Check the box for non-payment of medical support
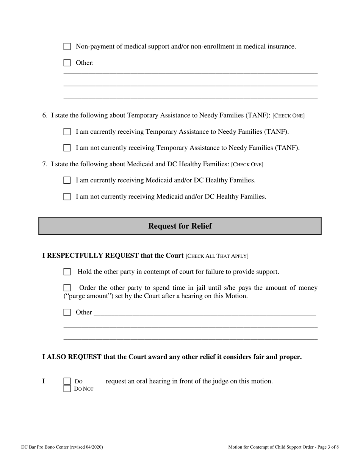pos(67,47)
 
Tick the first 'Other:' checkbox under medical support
pos(67,63)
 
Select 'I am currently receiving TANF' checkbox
pos(67,132)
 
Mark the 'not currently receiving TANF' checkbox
pos(67,148)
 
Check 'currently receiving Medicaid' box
pos(67,180)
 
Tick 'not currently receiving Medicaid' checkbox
pos(67,197)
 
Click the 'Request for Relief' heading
pos(180,226)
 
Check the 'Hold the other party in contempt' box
pos(67,272)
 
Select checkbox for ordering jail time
pos(67,288)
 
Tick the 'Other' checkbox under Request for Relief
pos(67,313)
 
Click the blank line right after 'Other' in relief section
pos(205,313)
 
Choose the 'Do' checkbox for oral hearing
pos(67,381)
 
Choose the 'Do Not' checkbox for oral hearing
pos(67,388)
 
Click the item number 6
pos(44,115)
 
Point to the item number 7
pos(44,164)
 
